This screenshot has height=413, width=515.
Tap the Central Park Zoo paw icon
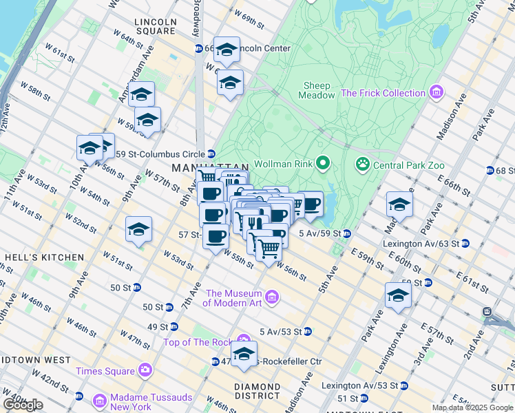click(362, 165)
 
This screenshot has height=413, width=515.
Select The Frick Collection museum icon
click(436, 92)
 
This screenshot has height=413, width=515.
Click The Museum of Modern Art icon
click(272, 297)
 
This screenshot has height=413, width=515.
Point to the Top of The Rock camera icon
click(243, 339)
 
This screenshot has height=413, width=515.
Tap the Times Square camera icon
click(145, 370)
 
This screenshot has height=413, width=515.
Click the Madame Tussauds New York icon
click(100, 400)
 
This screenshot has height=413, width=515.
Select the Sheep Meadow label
click(317, 90)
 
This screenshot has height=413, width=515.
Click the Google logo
click(23, 405)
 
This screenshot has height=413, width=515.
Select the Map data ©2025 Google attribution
click(472, 407)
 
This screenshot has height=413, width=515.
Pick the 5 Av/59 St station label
click(320, 233)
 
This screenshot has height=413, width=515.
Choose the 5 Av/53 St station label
click(280, 332)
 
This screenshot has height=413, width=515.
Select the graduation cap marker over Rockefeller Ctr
click(244, 354)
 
